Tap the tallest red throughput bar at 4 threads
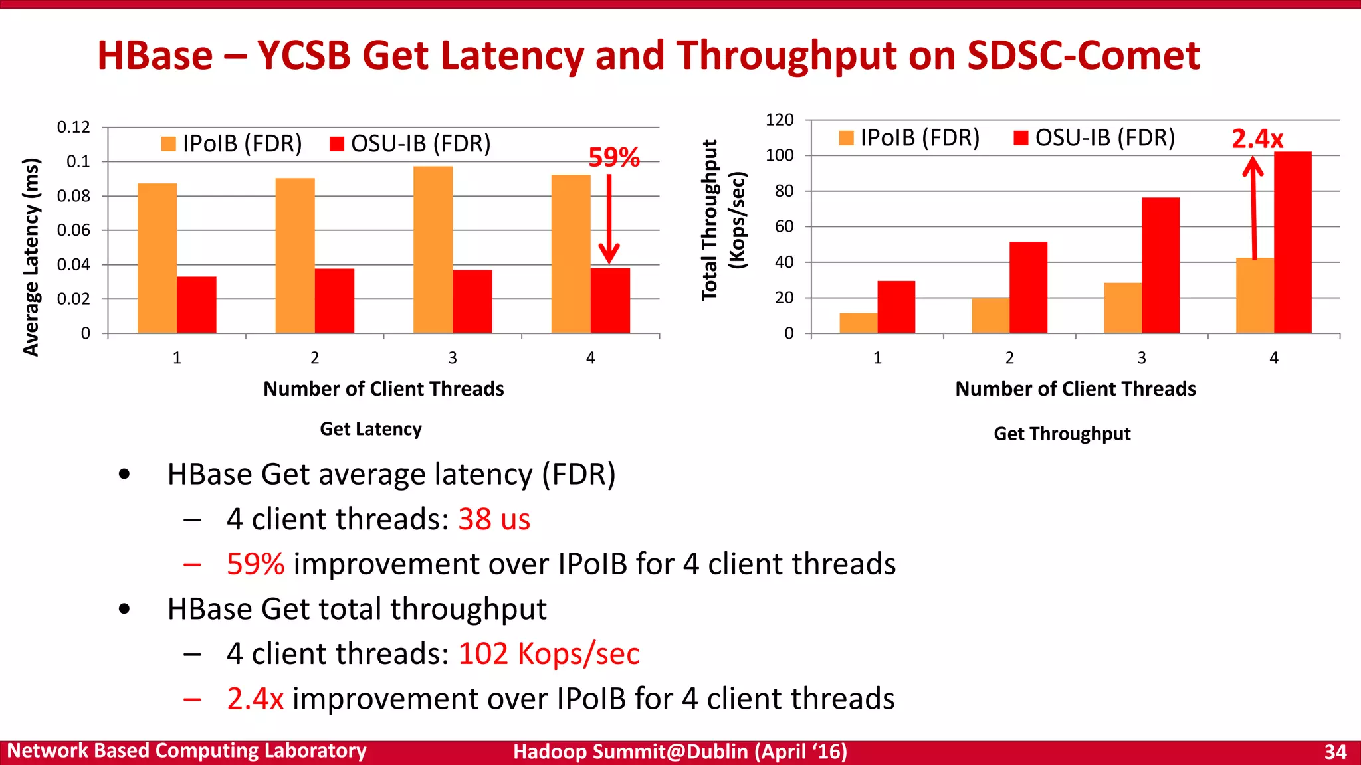tap(1292, 242)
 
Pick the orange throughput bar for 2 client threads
tap(990, 315)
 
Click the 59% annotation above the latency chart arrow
tap(613, 157)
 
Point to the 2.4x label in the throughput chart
tap(1257, 139)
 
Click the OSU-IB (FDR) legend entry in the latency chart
tap(410, 143)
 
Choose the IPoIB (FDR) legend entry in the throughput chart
tap(909, 137)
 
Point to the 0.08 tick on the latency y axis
tap(73, 196)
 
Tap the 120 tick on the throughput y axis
tap(780, 120)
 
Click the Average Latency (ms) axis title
tap(31, 257)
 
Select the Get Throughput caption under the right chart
tap(1061, 434)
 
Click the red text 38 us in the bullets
tap(494, 519)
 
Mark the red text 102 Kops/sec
tap(548, 653)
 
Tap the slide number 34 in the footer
tap(1335, 752)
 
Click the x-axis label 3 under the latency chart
tap(453, 358)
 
